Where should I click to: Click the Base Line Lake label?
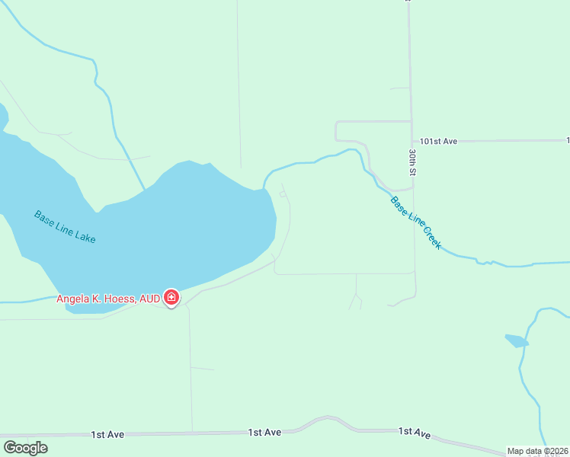(x=65, y=226)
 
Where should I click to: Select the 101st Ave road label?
(x=438, y=142)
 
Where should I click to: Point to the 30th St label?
(x=411, y=162)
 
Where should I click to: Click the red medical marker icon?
(x=171, y=298)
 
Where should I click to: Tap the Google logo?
(x=25, y=448)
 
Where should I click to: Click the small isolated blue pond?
(x=517, y=340)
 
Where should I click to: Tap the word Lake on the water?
(x=85, y=237)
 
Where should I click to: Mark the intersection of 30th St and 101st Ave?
(x=411, y=142)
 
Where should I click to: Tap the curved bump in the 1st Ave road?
(x=328, y=418)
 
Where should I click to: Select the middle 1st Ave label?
(x=264, y=432)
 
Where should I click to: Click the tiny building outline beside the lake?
(x=283, y=194)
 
